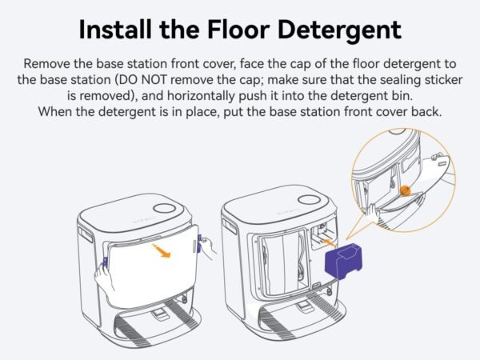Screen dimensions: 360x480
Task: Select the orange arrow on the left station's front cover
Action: click(x=163, y=253)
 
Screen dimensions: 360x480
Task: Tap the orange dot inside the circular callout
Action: click(x=405, y=190)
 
